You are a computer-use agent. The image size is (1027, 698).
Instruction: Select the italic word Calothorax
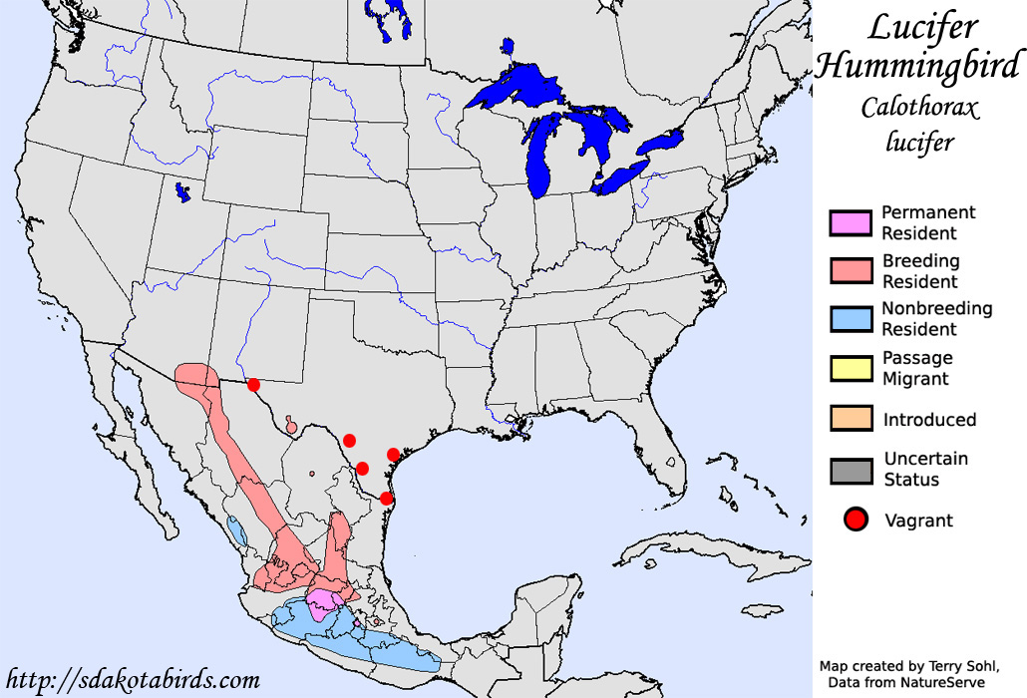coord(920,108)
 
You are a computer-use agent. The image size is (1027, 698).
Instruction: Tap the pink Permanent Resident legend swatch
coord(851,223)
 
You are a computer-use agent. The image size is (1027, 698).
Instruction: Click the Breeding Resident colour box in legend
coord(851,271)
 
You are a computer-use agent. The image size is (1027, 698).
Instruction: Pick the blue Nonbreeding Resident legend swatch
coord(851,319)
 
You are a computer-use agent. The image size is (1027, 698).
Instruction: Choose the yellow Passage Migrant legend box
coord(851,368)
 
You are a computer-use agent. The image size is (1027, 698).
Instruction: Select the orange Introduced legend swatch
coord(851,419)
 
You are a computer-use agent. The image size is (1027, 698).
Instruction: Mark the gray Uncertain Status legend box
coord(851,470)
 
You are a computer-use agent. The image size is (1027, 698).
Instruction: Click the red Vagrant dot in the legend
coord(856,520)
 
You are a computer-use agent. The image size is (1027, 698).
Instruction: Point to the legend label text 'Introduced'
coord(929,420)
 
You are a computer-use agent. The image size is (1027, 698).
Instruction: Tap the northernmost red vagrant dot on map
coord(253,385)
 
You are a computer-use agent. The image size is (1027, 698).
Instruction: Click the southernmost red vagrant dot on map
coord(386,499)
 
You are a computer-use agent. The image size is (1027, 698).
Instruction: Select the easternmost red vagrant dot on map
coord(393,455)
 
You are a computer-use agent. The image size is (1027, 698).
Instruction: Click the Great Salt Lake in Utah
coord(181,191)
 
